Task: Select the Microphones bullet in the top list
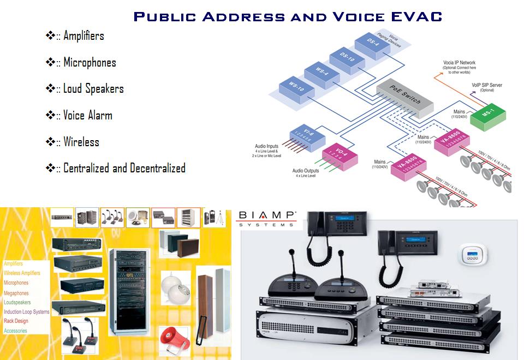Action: click(x=90, y=63)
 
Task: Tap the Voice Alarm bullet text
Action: click(x=87, y=116)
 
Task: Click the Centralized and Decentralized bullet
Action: click(x=124, y=168)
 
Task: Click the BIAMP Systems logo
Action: click(x=266, y=219)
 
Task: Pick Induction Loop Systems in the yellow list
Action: click(x=26, y=312)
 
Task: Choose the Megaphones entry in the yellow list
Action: click(x=16, y=293)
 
